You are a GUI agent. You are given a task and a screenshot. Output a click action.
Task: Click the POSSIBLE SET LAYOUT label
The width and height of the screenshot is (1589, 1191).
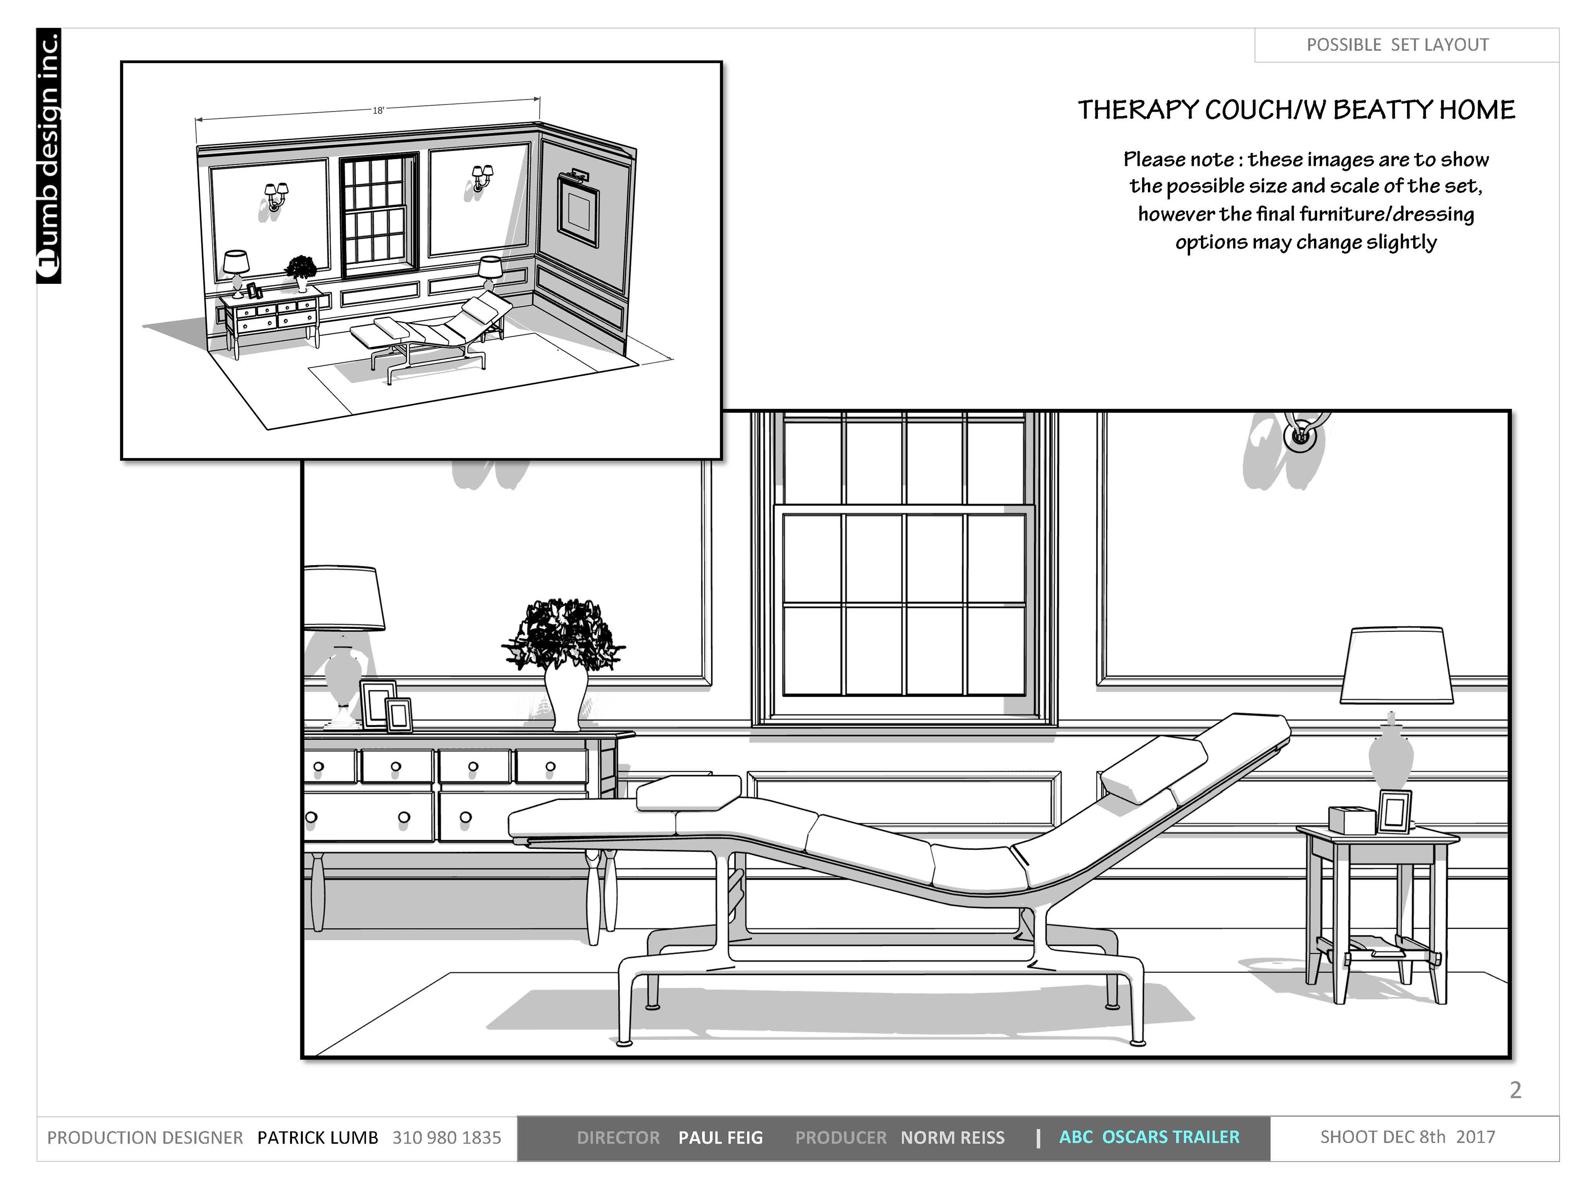click(1397, 45)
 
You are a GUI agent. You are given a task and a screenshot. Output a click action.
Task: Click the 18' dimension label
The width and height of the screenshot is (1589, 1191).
click(378, 110)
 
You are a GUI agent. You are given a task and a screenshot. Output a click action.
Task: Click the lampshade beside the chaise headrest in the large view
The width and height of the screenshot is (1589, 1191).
click(1397, 665)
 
